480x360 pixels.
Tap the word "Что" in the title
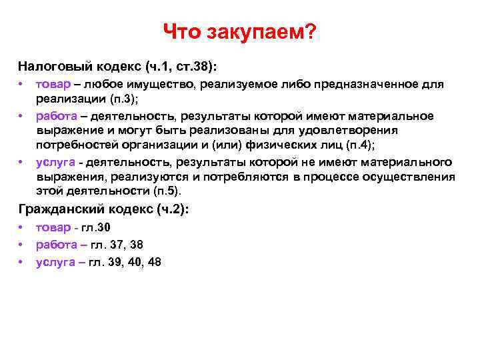[181, 32]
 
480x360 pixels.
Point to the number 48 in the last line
[155, 262]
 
